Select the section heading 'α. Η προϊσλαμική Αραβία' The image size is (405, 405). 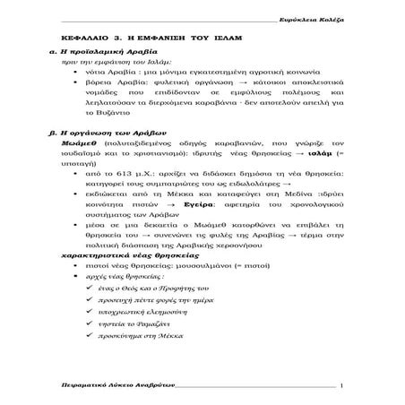(96, 56)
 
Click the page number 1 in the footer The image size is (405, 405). (342, 384)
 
